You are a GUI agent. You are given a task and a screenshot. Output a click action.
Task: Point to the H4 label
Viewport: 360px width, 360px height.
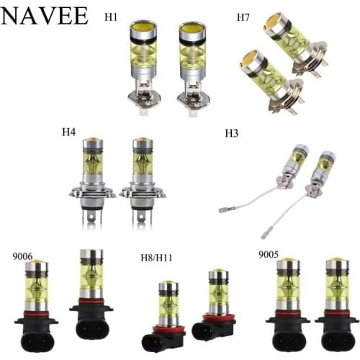click(69, 132)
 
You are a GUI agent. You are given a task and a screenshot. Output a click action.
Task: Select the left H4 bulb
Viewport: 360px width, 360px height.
click(94, 173)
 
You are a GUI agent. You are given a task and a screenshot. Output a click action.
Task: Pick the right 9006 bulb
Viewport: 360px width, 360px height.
click(92, 288)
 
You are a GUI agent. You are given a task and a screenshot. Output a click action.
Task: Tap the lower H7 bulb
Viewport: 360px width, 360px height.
click(263, 79)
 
